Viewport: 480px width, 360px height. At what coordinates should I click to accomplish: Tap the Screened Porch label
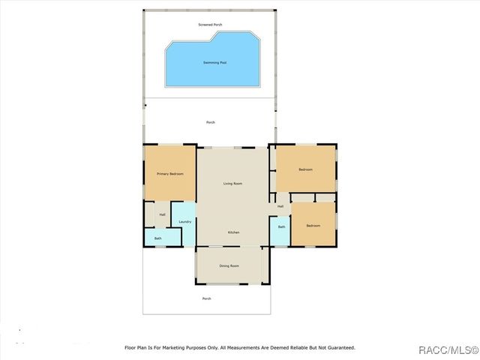tap(210, 25)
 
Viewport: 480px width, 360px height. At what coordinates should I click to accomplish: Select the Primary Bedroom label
tap(170, 174)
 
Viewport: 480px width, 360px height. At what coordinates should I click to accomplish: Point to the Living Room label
tap(232, 184)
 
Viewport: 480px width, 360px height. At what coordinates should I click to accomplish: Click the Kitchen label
tap(234, 232)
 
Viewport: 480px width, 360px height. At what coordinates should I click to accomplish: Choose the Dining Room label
tap(229, 266)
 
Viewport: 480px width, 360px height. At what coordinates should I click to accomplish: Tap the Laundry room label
tap(184, 222)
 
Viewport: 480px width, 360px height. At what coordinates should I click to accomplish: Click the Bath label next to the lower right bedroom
tap(281, 226)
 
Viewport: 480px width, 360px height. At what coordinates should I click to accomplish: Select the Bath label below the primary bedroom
tap(158, 238)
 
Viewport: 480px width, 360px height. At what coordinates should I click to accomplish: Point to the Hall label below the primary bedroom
tap(162, 215)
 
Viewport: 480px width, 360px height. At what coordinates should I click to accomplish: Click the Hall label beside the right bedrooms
tap(280, 206)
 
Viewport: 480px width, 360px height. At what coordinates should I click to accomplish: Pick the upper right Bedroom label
tap(305, 169)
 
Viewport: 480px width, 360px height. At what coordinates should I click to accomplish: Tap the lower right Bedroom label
tap(313, 225)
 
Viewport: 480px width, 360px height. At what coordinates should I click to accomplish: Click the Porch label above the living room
tap(211, 122)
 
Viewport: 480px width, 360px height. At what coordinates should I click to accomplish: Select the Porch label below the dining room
tap(207, 298)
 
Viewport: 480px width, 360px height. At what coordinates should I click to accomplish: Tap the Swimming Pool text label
tap(214, 62)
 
